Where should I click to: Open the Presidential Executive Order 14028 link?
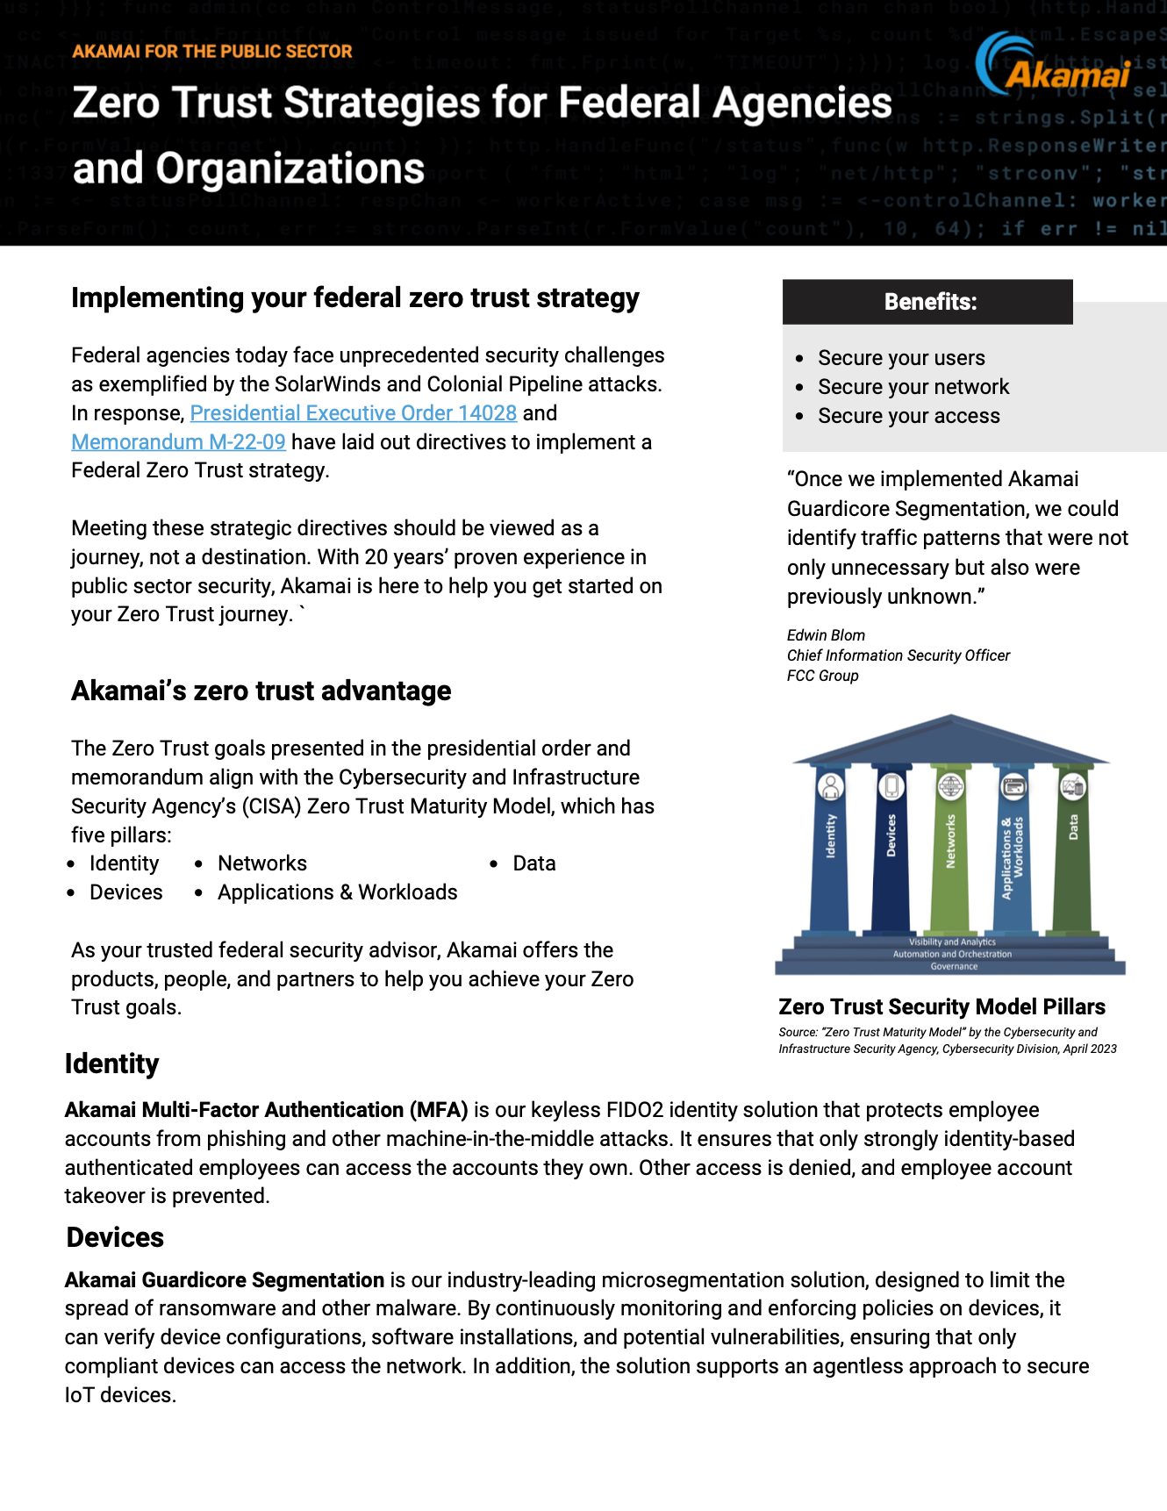[353, 413]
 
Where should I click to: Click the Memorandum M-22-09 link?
[178, 442]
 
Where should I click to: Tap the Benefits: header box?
[927, 302]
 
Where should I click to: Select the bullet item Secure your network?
[913, 387]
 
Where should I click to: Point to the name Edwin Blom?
[826, 635]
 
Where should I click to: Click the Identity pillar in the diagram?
[830, 851]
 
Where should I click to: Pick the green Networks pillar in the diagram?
[950, 851]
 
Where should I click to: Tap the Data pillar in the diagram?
[1072, 851]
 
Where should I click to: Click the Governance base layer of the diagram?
[953, 967]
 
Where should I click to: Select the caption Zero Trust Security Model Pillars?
[941, 1006]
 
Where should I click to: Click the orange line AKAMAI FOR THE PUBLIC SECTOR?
[212, 52]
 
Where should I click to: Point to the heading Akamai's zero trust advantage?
[261, 691]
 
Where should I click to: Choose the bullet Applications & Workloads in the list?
[337, 892]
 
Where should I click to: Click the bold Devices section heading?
[115, 1237]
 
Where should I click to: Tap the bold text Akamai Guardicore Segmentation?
[225, 1280]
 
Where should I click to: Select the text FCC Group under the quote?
[822, 676]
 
